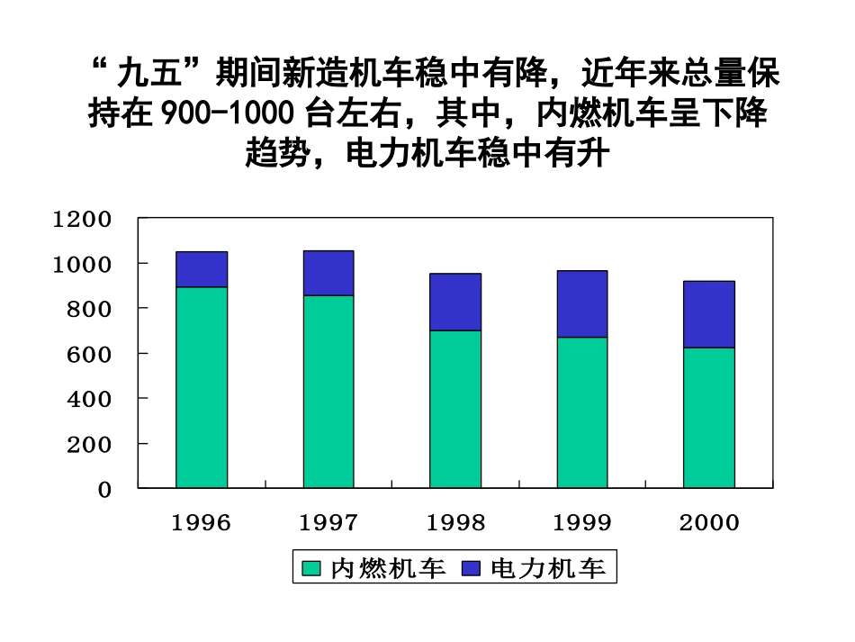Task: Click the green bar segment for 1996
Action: tap(202, 387)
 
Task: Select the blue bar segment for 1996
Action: tap(202, 269)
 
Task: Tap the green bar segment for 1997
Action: tap(328, 392)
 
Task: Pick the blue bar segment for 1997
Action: tap(328, 273)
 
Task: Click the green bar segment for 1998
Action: tap(454, 409)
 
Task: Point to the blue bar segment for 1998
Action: tap(454, 302)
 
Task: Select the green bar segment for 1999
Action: tap(581, 412)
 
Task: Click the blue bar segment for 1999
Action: tap(581, 303)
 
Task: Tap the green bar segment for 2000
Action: tap(709, 418)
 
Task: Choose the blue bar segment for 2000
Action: tap(709, 314)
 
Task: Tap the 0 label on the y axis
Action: tap(105, 489)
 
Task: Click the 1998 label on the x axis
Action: tap(455, 523)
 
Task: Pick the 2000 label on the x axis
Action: tap(709, 523)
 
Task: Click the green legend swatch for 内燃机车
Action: tap(311, 568)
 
